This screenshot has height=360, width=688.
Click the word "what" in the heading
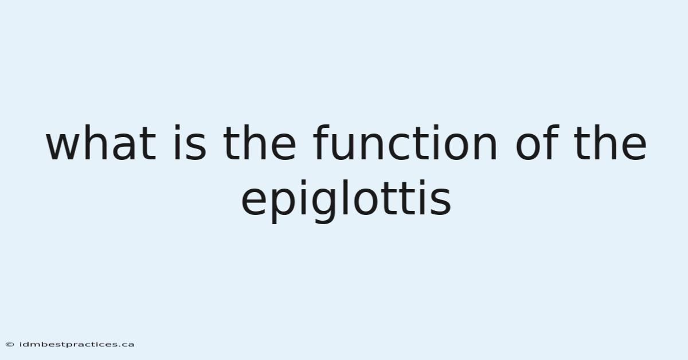pos(101,143)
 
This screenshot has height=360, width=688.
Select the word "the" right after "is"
pos(260,143)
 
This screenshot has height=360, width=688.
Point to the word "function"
pos(405,143)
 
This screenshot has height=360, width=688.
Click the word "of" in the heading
pos(536,143)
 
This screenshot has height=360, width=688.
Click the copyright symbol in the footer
pos(10,345)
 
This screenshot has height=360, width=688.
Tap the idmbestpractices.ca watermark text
pos(77,345)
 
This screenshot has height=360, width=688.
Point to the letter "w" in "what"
pos(62,147)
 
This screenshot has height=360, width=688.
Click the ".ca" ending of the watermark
pos(127,345)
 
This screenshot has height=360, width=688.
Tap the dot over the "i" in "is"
pos(177,127)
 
